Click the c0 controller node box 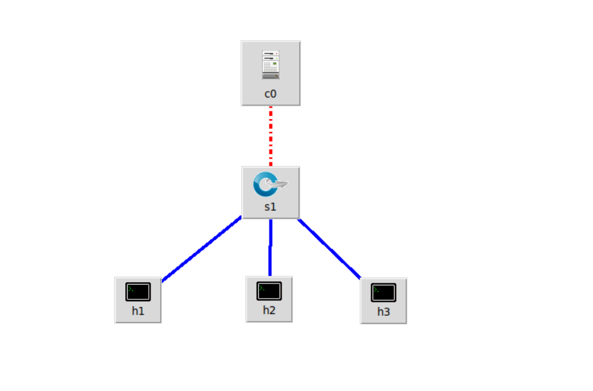coord(270,73)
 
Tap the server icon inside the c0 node coord(271,65)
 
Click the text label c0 coord(271,94)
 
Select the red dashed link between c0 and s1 coord(271,136)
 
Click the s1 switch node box coord(270,192)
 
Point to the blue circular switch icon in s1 coord(264,184)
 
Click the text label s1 coord(271,206)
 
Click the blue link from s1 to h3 coord(329,248)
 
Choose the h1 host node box coord(138,300)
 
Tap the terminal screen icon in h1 coord(138,292)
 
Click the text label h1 coord(138,311)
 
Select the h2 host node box coord(269,299)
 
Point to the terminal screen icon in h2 coord(269,291)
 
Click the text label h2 coord(269,310)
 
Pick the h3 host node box coord(383,301)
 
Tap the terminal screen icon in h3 coord(383,292)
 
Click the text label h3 coord(383,312)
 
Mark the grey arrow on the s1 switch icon coord(280,185)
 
